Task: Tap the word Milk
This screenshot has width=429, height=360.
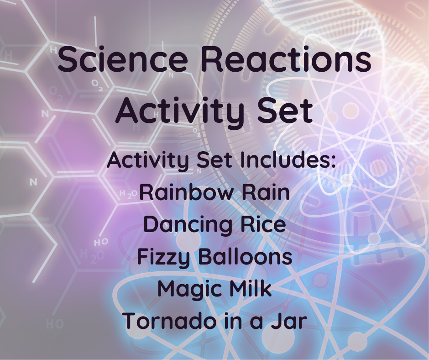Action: pos(251,289)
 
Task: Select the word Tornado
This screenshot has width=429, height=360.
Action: pos(165,321)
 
